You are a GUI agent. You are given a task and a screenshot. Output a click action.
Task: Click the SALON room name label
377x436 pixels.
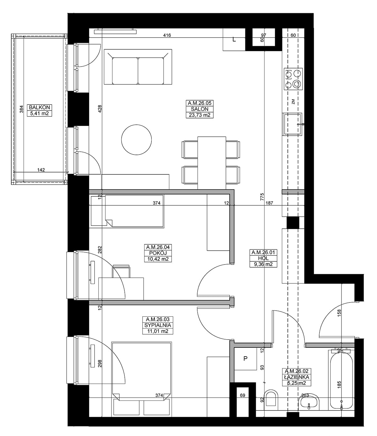click(199, 109)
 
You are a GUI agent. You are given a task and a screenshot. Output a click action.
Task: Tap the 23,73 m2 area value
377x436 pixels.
click(199, 115)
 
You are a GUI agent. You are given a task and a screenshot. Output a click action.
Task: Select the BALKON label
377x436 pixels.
click(40, 107)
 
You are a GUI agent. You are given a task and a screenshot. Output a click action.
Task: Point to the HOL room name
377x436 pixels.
click(263, 258)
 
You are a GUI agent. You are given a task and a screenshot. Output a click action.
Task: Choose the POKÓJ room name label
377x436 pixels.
click(158, 253)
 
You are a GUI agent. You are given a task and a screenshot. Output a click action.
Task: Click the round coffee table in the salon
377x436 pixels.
click(136, 140)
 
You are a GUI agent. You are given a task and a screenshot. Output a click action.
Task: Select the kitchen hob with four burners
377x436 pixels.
click(293, 79)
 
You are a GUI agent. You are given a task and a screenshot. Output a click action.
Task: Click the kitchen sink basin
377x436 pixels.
click(292, 124)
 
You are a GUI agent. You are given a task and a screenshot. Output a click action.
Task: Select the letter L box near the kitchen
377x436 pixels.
click(234, 40)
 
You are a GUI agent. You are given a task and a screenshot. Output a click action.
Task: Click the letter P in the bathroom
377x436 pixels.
click(245, 358)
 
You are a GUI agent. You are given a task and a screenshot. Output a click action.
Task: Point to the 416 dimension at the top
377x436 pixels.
click(167, 35)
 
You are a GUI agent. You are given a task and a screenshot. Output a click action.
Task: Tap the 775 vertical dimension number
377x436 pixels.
click(262, 197)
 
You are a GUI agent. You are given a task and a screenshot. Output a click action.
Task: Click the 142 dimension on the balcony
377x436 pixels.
click(41, 170)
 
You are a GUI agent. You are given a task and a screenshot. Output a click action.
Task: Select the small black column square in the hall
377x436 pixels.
click(293, 223)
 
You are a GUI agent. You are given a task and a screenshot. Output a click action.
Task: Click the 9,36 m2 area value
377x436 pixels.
click(263, 264)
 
